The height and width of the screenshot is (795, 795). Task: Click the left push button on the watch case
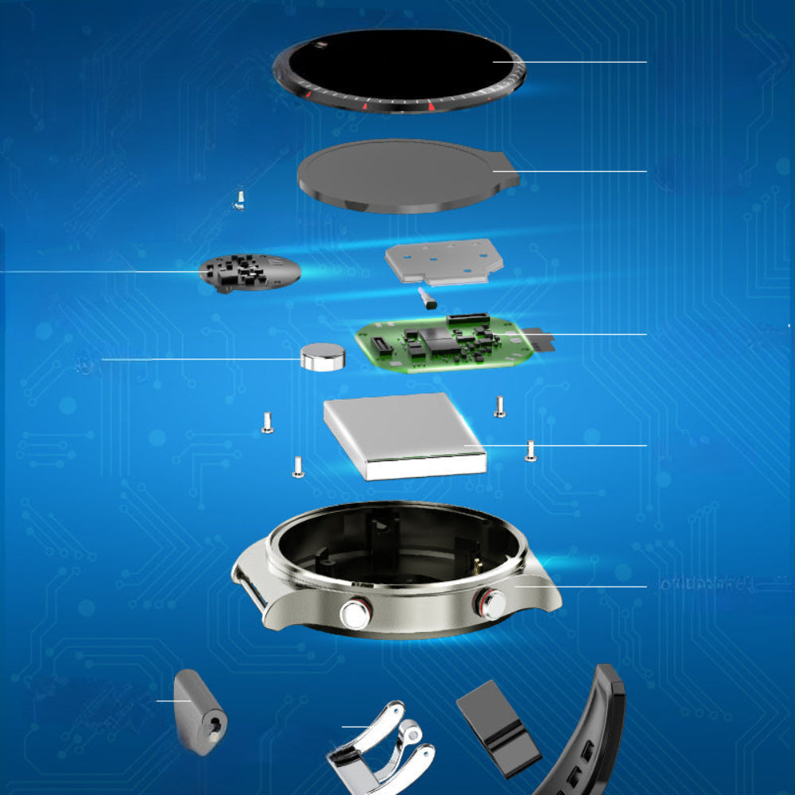tap(355, 614)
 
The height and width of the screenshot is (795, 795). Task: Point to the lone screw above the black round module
tap(238, 198)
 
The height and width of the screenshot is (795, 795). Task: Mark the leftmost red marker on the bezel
tap(307, 93)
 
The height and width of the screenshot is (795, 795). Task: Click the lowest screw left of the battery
tap(298, 467)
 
